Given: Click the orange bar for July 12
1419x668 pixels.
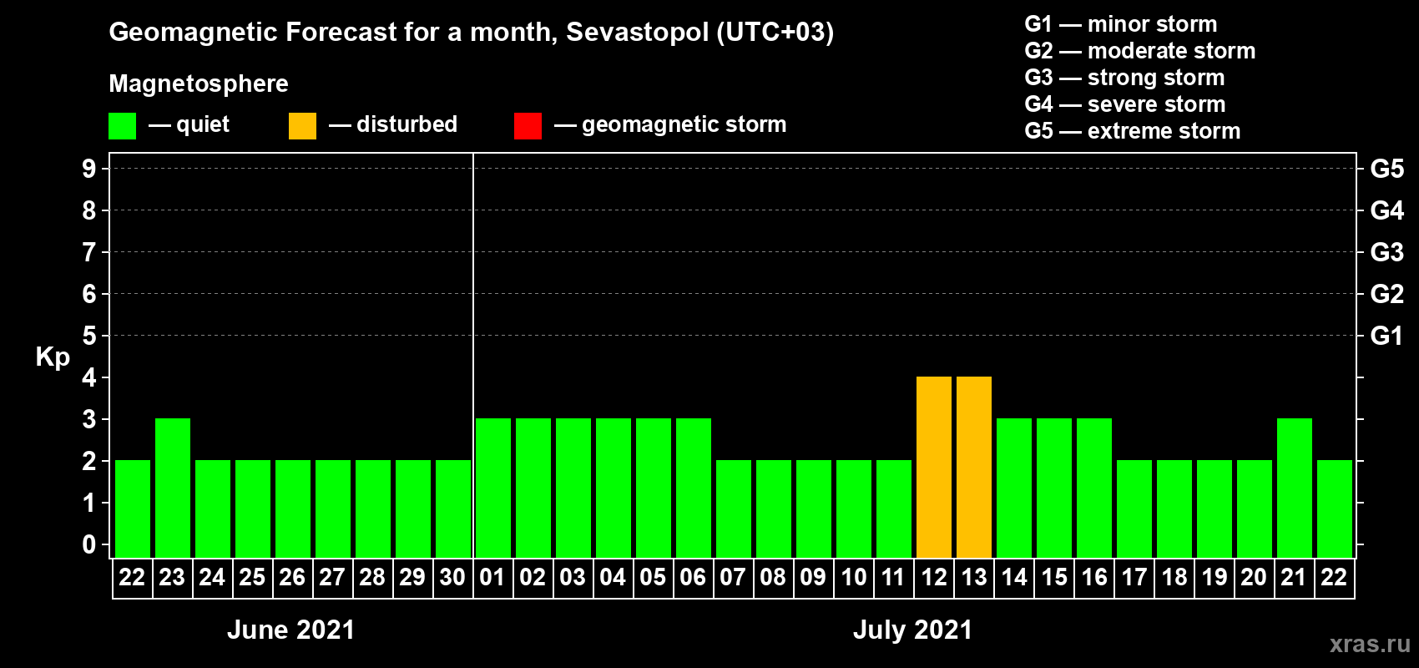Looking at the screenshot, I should coord(934,467).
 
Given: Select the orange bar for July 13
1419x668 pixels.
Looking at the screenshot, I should coord(974,467).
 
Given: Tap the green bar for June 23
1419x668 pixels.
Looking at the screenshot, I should coord(173,488).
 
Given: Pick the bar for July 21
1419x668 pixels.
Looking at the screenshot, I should coord(1295,488).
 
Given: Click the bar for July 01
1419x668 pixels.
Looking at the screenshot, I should coord(493,488).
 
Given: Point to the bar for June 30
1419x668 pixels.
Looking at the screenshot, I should coord(453,509).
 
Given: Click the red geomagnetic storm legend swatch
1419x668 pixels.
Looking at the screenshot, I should coord(528,126).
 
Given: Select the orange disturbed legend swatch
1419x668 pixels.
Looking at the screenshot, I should coord(302,126).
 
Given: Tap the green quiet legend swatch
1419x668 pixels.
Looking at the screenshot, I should coord(123,126).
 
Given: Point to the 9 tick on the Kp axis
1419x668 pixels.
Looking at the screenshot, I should coord(89,169).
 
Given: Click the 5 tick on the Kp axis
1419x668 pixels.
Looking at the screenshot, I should coord(89,336).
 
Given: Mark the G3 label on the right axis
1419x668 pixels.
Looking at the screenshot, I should coord(1386,252).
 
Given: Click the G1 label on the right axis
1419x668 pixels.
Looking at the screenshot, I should coord(1386,336).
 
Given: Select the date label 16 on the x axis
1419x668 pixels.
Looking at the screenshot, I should coord(1094,577).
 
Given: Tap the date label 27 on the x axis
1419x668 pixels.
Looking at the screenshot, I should coord(332,577).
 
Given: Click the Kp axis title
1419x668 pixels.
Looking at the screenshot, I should coord(53,357).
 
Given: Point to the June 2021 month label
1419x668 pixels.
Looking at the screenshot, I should coord(290,630).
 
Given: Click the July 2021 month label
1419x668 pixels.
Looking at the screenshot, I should coord(912,630).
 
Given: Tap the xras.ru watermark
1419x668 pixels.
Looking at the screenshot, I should coord(1370,644).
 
